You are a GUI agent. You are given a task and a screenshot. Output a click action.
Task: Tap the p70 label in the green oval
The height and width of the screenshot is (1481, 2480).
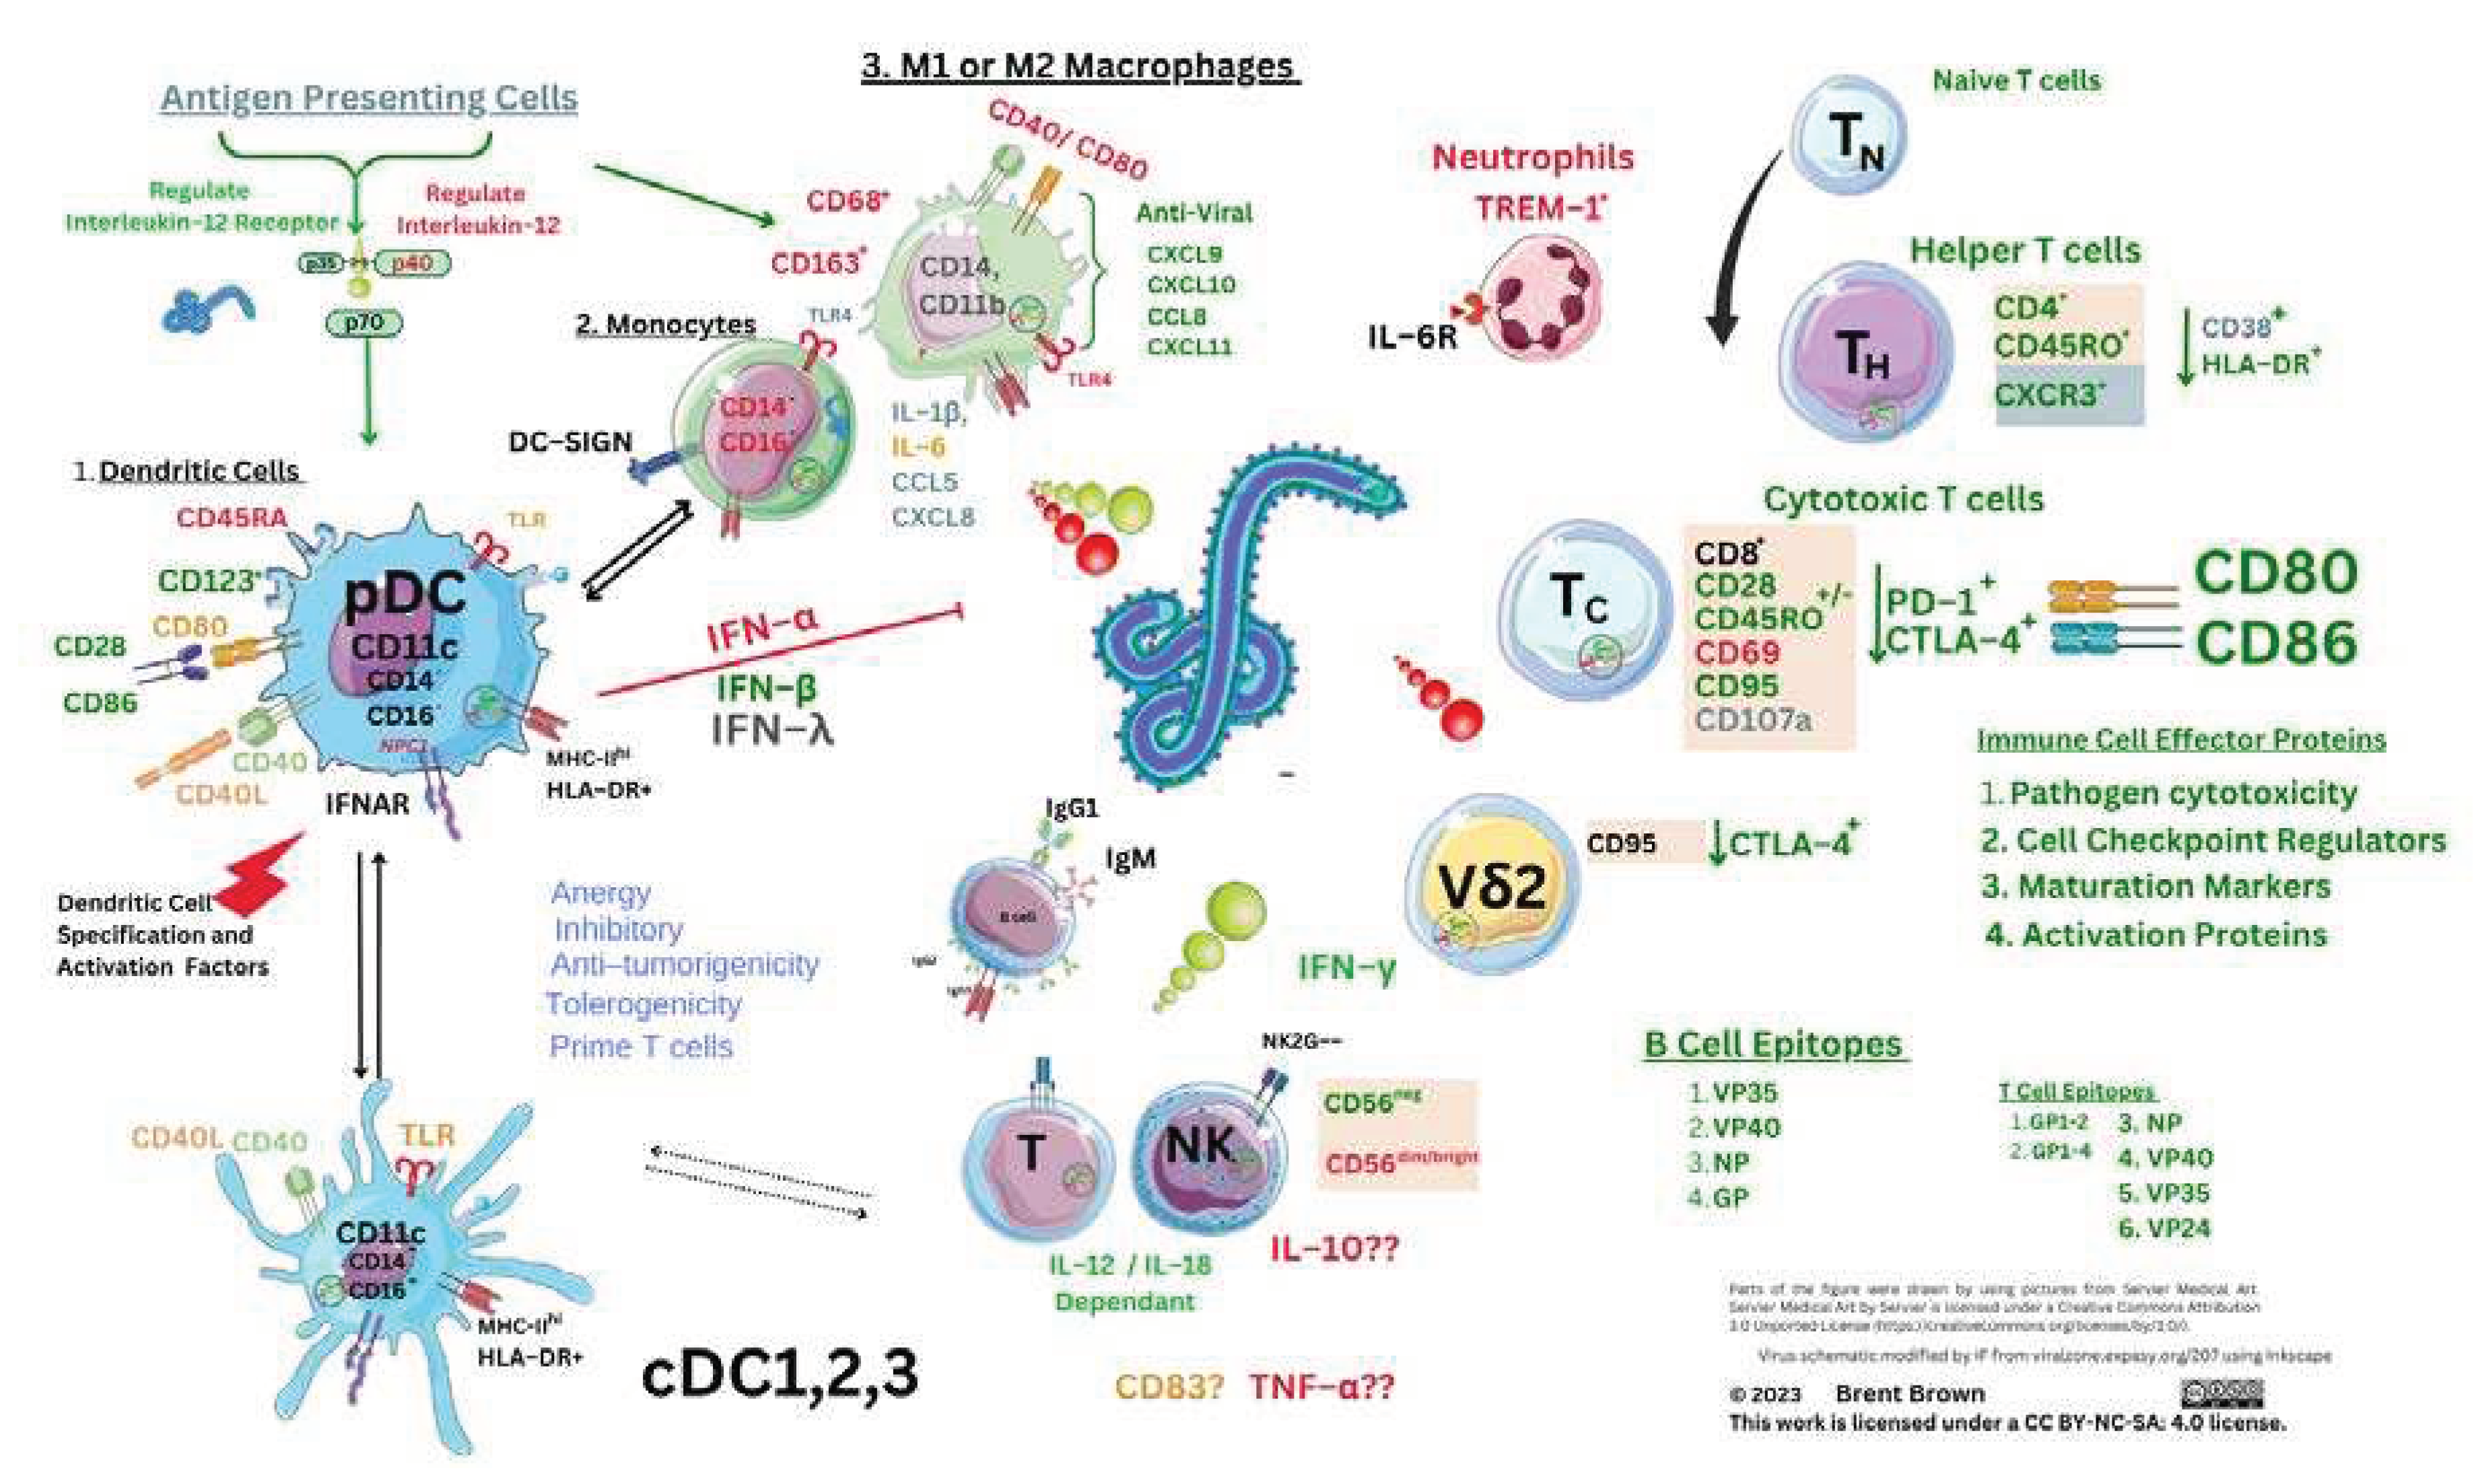[364, 322]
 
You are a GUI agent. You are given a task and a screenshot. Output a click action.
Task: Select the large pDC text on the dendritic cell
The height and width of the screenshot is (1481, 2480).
[404, 595]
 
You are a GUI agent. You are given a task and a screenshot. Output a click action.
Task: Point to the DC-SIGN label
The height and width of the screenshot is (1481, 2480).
[570, 442]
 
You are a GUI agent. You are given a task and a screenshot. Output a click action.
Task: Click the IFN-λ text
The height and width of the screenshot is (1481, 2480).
[772, 730]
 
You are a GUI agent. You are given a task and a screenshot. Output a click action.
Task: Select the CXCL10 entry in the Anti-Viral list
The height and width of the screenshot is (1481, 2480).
[1191, 285]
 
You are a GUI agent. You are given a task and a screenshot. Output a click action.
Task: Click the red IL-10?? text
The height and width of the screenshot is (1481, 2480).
[1334, 1247]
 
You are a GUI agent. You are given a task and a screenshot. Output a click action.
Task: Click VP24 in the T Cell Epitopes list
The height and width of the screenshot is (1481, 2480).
[2164, 1227]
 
